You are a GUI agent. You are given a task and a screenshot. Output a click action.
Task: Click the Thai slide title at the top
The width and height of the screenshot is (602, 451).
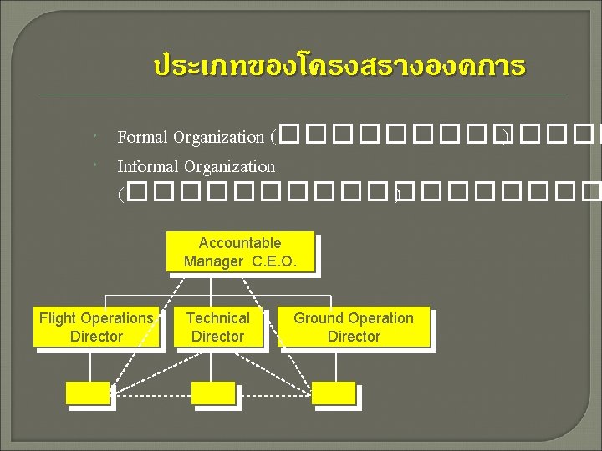pyautogui.click(x=339, y=66)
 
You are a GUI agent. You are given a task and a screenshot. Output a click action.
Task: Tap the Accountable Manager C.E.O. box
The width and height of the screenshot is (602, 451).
pyautogui.click(x=239, y=252)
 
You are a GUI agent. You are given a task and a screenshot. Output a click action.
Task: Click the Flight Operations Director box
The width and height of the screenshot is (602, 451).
pyautogui.click(x=96, y=327)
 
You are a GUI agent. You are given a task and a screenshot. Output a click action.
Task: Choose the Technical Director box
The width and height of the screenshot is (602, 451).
pyautogui.click(x=217, y=327)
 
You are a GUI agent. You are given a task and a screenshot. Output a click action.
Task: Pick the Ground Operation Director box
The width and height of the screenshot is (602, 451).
pyautogui.click(x=353, y=327)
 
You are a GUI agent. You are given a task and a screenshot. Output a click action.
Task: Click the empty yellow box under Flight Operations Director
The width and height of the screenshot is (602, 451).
pyautogui.click(x=89, y=393)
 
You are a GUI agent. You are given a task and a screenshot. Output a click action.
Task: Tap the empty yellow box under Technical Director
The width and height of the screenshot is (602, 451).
pyautogui.click(x=213, y=393)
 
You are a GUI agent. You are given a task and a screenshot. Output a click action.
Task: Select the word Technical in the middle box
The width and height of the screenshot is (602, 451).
pyautogui.click(x=217, y=318)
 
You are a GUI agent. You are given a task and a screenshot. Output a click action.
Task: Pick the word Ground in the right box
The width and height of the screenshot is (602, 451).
pyautogui.click(x=317, y=318)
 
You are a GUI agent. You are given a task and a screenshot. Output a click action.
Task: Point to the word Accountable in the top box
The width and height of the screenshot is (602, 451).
pyautogui.click(x=240, y=243)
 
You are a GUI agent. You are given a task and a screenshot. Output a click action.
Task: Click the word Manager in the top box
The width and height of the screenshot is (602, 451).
pyautogui.click(x=212, y=261)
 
